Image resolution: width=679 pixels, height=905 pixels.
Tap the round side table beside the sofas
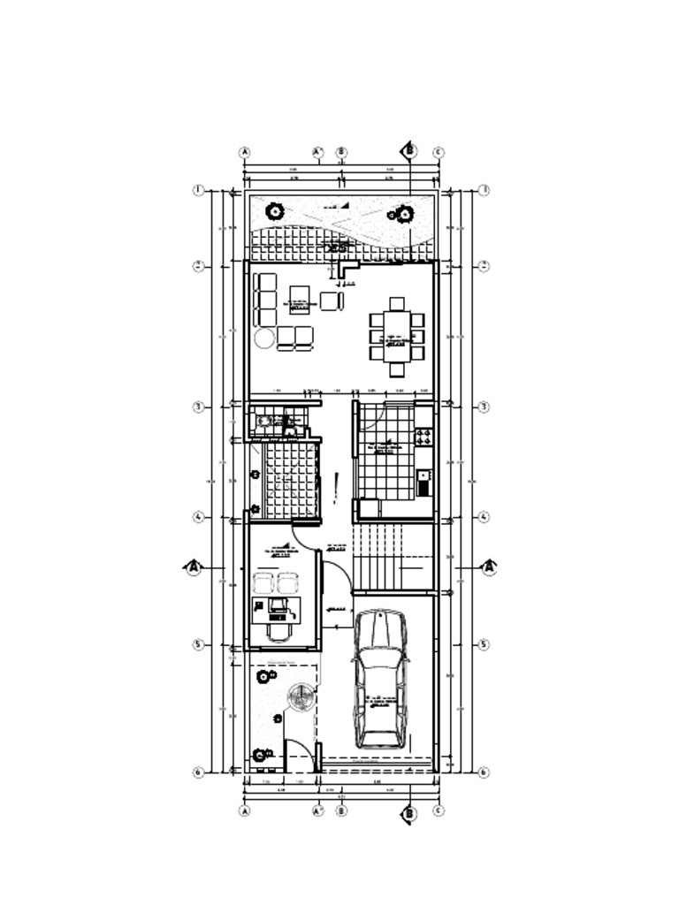263,338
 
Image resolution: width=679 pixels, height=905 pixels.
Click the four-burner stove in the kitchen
423,436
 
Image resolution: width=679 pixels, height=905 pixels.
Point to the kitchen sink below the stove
423,480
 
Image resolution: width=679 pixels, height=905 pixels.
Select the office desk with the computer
278,607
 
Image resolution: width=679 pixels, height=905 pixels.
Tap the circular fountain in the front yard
301,698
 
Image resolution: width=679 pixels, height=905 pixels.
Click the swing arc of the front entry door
299,753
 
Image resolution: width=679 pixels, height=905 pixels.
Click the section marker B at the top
409,151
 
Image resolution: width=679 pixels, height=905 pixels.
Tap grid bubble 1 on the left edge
200,190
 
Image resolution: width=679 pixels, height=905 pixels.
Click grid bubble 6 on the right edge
484,772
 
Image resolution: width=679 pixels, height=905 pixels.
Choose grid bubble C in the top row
438,153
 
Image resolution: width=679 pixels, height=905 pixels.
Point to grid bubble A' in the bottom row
319,810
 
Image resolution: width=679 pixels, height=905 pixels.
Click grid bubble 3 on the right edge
484,407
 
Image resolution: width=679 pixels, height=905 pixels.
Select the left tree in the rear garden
275,212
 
